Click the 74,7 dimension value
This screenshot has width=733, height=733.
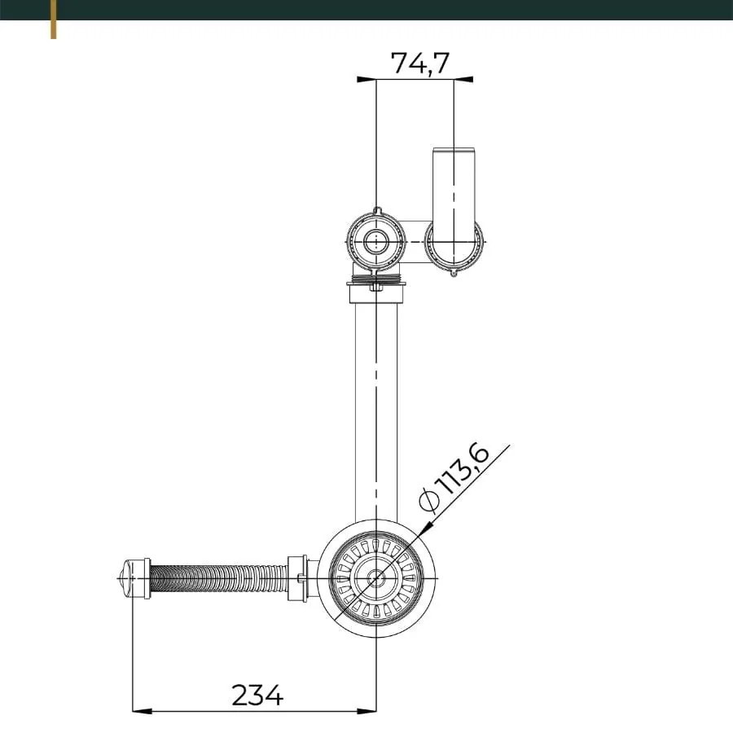419,63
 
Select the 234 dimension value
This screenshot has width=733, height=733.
257,695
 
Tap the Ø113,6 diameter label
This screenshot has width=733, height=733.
456,478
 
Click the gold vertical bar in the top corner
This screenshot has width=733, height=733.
54,20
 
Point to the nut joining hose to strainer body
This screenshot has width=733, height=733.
297,578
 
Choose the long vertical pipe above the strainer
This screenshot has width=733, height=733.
376,407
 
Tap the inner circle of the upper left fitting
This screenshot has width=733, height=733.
375,241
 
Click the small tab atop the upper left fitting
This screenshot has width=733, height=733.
375,211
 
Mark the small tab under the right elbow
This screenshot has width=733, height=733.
454,273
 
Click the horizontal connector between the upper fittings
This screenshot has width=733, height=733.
415,241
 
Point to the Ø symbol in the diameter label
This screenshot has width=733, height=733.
430,499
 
